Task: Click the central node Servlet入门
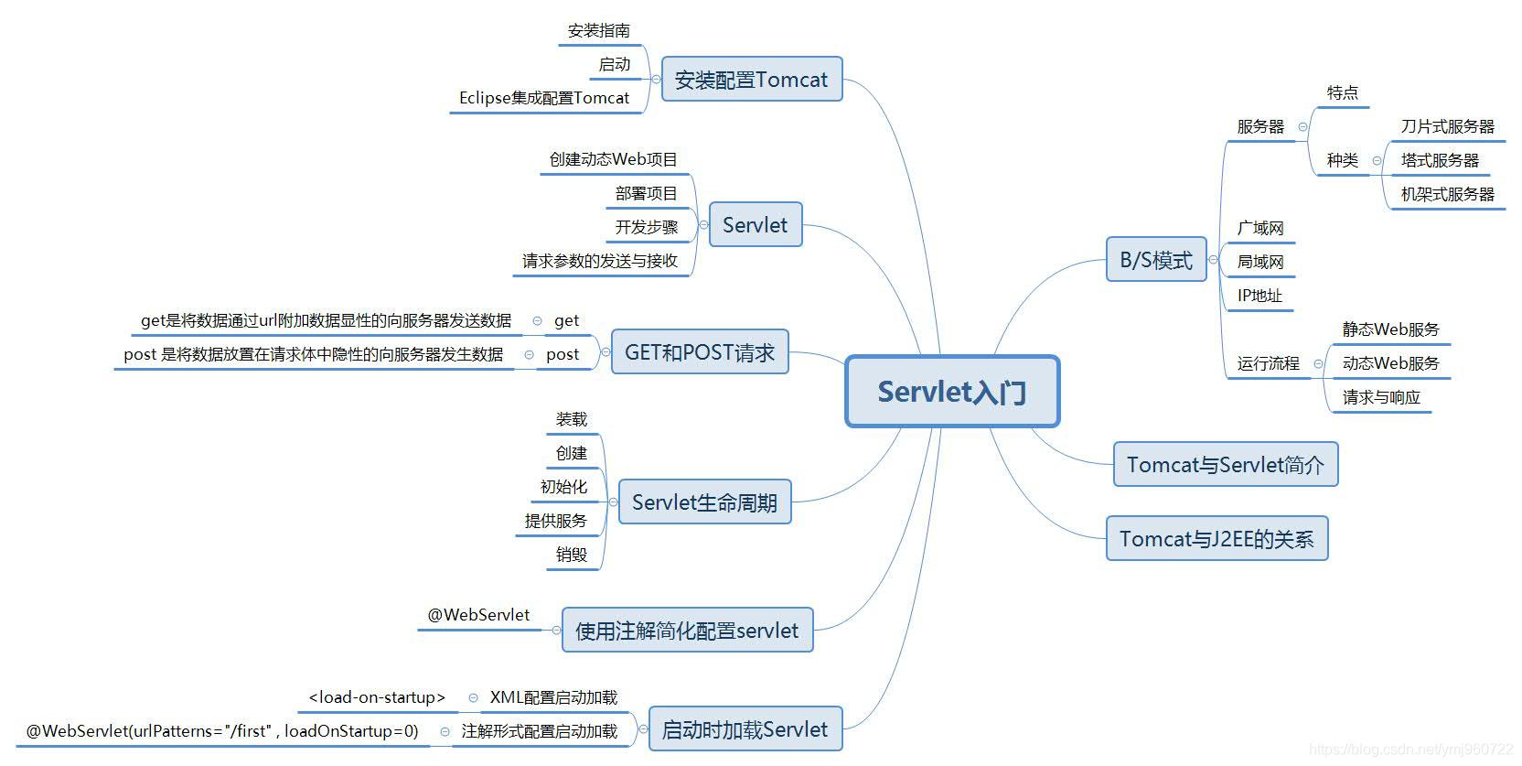point(951,392)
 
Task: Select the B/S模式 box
point(1156,260)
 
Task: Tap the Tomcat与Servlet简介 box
point(1225,465)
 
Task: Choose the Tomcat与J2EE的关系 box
point(1217,539)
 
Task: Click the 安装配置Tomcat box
point(751,80)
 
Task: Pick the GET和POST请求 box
point(699,352)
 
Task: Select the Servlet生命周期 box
point(704,502)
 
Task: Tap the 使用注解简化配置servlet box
point(687,631)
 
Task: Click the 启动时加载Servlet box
point(745,729)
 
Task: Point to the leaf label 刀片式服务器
point(1447,126)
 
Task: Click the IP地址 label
point(1259,296)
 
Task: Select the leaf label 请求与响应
point(1381,397)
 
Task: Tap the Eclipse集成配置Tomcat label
point(544,98)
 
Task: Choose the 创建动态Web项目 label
point(613,159)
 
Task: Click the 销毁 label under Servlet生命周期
point(572,554)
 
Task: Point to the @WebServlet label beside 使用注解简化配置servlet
point(478,615)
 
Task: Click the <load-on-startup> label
point(377,697)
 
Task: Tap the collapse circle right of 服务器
point(1302,127)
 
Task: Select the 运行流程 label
point(1268,363)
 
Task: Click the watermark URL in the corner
point(1410,750)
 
